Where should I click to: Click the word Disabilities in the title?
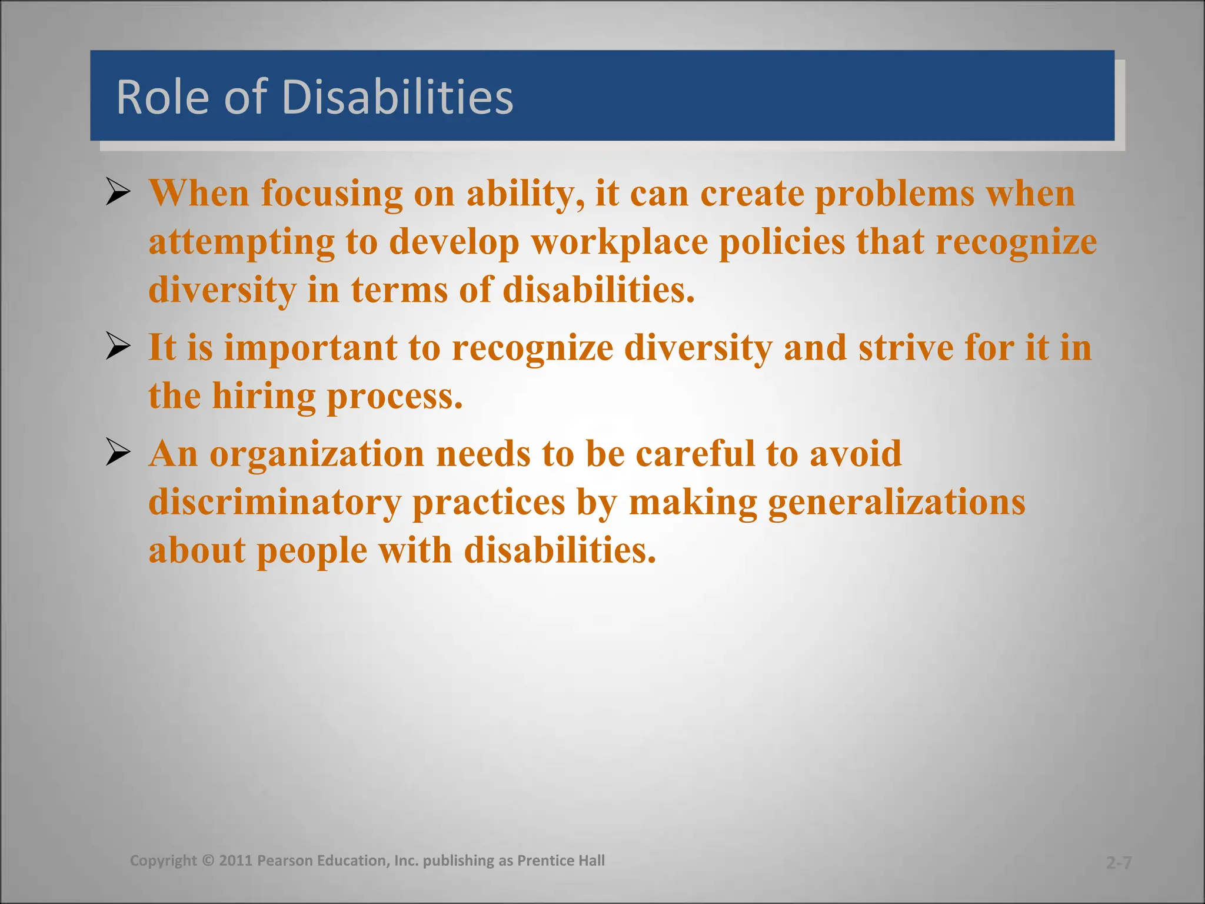click(398, 97)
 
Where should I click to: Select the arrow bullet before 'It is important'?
click(118, 347)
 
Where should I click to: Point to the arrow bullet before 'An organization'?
click(118, 453)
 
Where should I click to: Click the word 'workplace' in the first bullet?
click(620, 242)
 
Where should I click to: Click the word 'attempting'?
click(242, 242)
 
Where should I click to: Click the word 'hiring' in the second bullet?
click(264, 396)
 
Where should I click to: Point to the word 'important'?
click(311, 348)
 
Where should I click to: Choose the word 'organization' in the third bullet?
click(317, 454)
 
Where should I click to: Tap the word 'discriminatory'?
click(275, 502)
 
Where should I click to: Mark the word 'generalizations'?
click(896, 502)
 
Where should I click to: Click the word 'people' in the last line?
click(312, 551)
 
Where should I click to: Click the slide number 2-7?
click(1119, 863)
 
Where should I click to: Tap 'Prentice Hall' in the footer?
click(561, 860)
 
